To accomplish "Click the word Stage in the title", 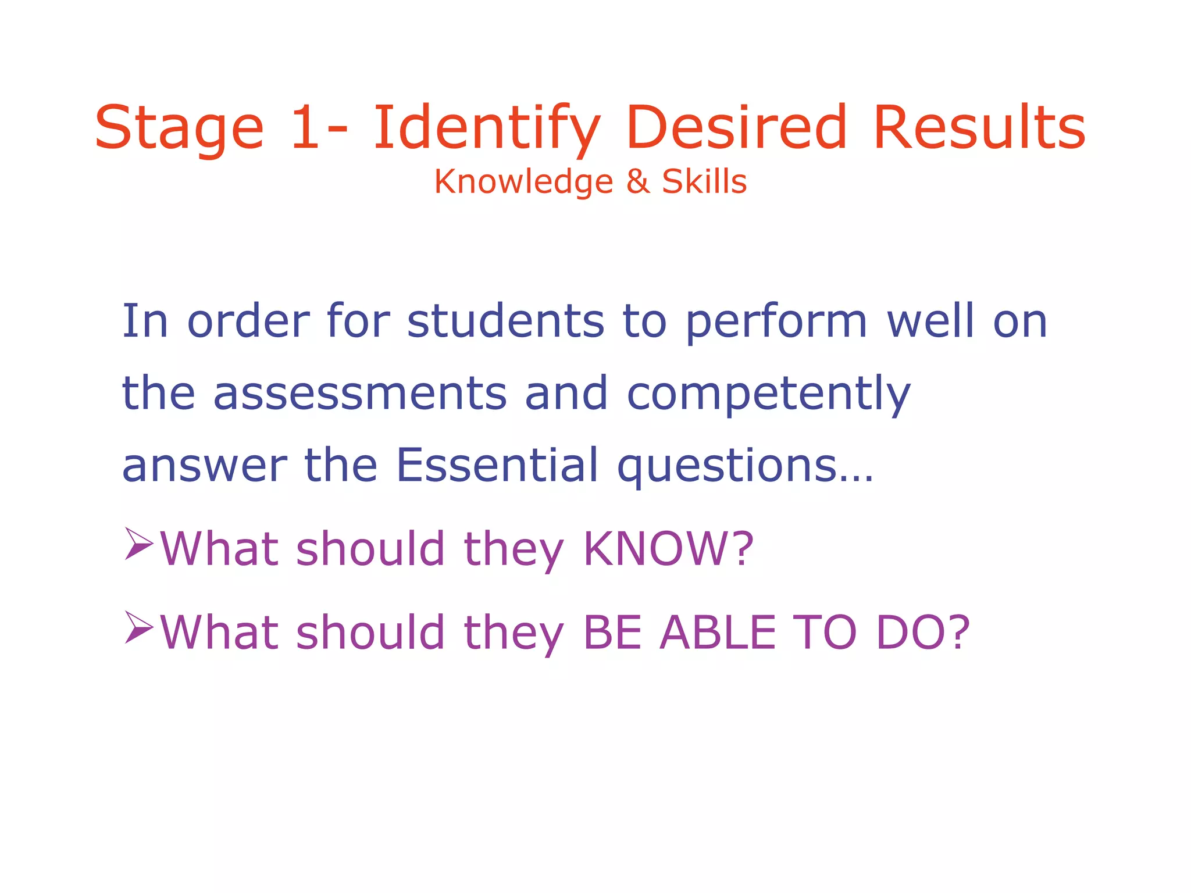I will coord(179,128).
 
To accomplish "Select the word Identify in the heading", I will coord(486,128).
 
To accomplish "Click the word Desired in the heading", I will coord(736,127).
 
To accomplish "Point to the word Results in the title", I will coord(979,127).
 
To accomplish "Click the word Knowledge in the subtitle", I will coord(523,181).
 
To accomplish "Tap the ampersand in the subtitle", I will coord(637,181).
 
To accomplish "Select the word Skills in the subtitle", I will coord(704,181).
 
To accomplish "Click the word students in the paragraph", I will coord(505,321).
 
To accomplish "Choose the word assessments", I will coord(361,394).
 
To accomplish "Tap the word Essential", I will coord(497,465).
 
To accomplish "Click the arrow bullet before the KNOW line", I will coord(138,544).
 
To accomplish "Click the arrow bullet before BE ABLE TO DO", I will coord(138,628).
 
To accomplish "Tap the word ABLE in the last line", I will coord(718,633).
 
